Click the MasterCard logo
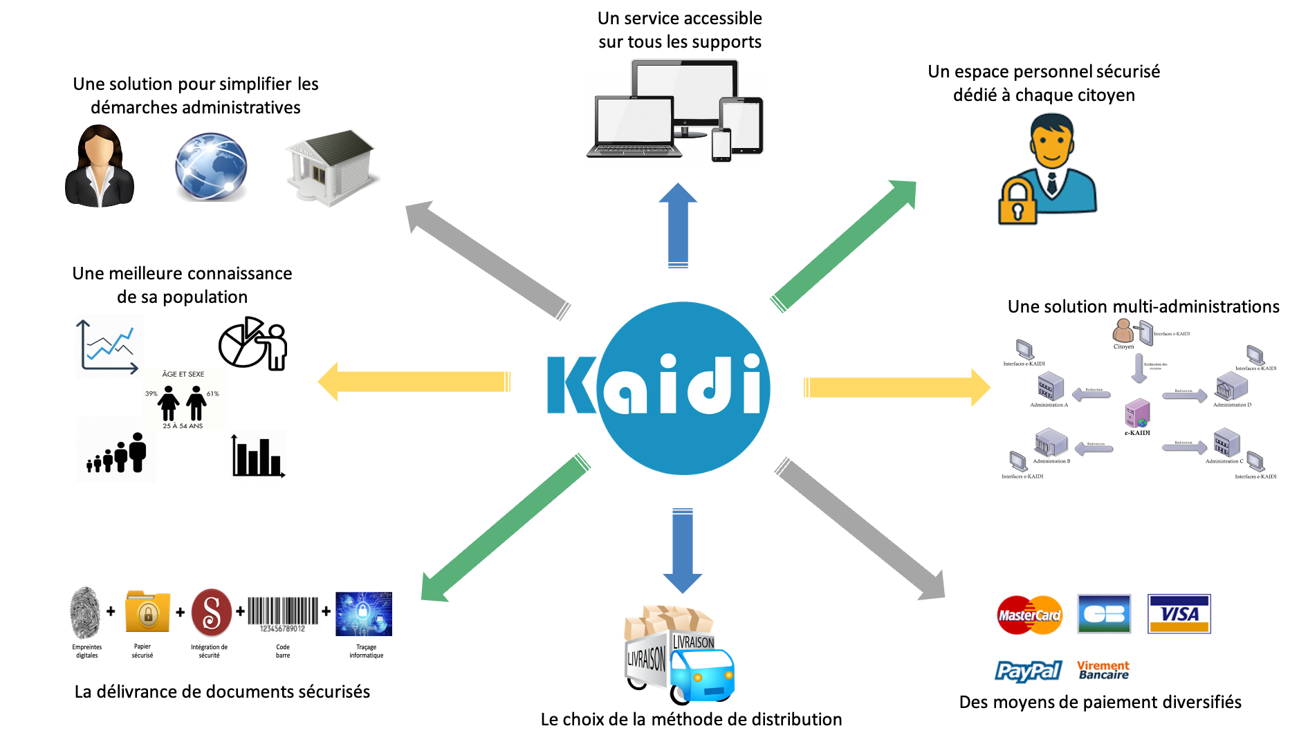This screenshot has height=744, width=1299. click(x=1029, y=615)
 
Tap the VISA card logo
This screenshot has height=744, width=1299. click(x=1179, y=613)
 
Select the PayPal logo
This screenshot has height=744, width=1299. click(x=1028, y=671)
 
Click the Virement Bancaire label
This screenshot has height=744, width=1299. click(x=1103, y=670)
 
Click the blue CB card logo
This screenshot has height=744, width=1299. click(x=1105, y=613)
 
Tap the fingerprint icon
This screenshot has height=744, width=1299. click(x=85, y=613)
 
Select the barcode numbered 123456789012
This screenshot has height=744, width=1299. click(x=283, y=614)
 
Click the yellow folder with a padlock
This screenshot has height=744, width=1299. click(x=147, y=612)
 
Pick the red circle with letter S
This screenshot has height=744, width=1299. click(x=212, y=612)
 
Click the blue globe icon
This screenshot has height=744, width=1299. click(x=210, y=167)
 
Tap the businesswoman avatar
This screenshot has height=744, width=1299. click(x=100, y=166)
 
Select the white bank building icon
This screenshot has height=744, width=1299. click(x=330, y=167)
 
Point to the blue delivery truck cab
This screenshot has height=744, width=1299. click(x=703, y=674)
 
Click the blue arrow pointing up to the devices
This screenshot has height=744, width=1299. click(x=678, y=225)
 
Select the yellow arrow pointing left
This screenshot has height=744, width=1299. click(x=415, y=382)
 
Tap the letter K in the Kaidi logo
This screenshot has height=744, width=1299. click(x=571, y=385)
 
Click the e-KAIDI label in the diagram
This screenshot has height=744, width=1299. click(x=1137, y=433)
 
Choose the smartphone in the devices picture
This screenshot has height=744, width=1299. click(x=721, y=144)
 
